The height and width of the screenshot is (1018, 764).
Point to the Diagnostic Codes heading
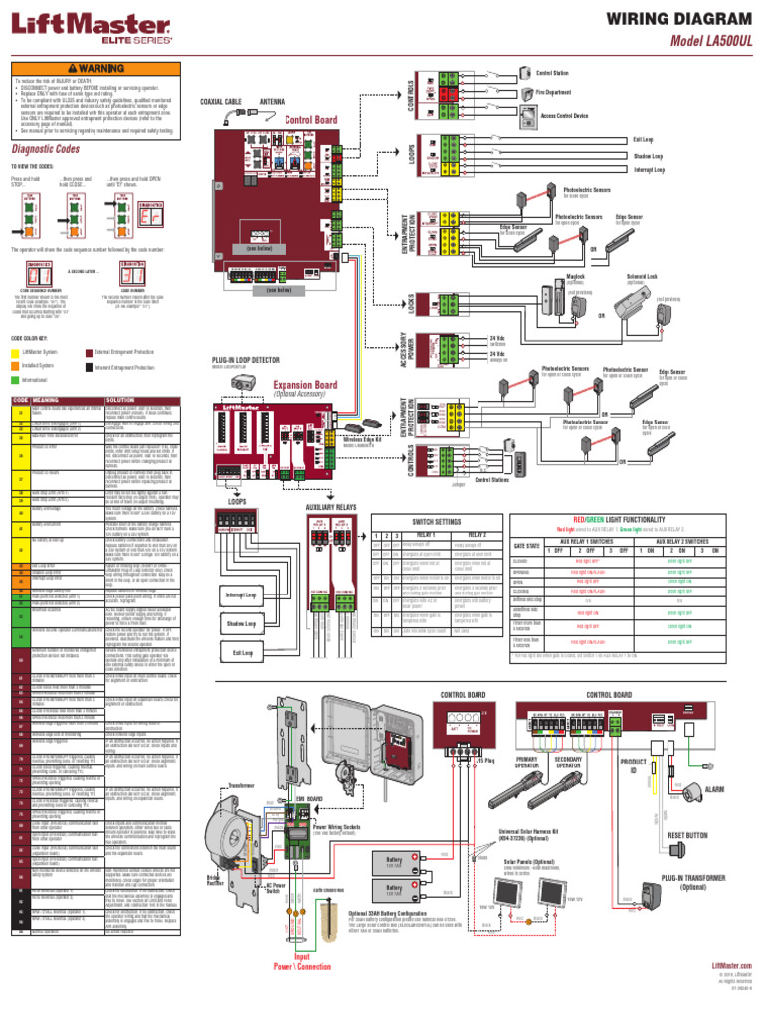point(46,149)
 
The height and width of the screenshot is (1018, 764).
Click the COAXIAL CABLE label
point(221,101)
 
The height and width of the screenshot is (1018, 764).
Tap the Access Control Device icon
point(525,115)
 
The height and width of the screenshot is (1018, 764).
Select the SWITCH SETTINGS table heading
point(436,521)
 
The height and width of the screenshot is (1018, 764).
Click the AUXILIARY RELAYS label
point(331,506)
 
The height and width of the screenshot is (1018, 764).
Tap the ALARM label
point(714,788)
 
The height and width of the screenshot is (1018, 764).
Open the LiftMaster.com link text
point(731,965)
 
